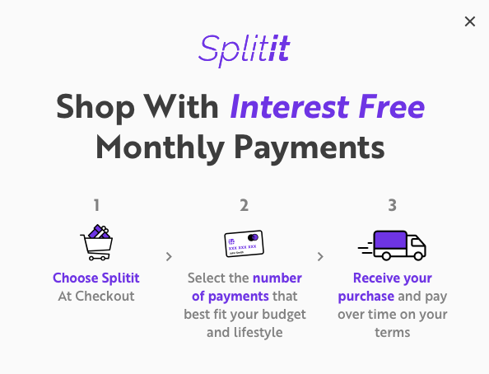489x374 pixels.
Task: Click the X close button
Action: pos(470,21)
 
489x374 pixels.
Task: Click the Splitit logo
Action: pos(244,49)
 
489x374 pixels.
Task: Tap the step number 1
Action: pos(96,205)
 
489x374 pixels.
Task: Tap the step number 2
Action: pos(244,205)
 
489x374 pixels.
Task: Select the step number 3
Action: pos(392,205)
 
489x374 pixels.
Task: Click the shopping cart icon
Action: pos(96,242)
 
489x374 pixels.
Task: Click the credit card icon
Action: pos(244,243)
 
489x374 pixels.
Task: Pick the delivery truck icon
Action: pos(393,244)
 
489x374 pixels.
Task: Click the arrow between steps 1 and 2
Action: pos(169,256)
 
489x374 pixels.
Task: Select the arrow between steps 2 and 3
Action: pos(319,256)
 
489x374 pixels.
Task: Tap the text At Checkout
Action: pos(95,297)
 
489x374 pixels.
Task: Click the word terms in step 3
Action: pos(392,333)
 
